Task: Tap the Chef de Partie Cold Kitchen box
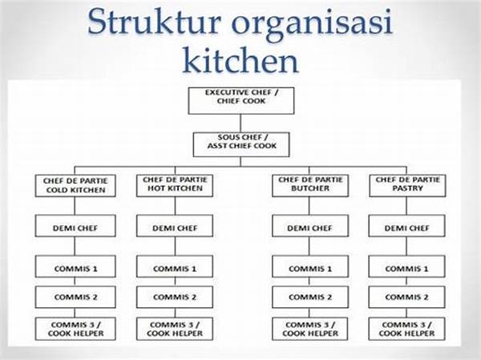76,185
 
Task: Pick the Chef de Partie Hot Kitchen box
174,185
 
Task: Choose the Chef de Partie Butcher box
311,185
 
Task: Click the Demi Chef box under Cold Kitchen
76,228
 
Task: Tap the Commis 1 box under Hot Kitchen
174,268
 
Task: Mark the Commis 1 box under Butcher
311,268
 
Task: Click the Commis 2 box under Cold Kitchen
76,297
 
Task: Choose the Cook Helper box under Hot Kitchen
174,327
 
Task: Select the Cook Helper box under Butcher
311,327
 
